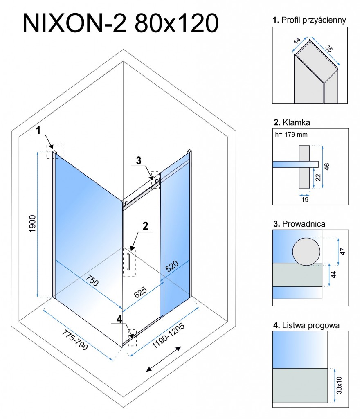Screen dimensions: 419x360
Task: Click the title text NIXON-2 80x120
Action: (120, 23)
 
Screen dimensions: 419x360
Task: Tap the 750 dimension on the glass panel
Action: (92, 282)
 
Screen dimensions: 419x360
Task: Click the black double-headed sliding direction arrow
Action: (164, 359)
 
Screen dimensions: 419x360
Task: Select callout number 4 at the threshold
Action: (119, 318)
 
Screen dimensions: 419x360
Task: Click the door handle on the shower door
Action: (128, 262)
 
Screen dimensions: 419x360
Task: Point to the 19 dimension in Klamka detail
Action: (304, 200)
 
